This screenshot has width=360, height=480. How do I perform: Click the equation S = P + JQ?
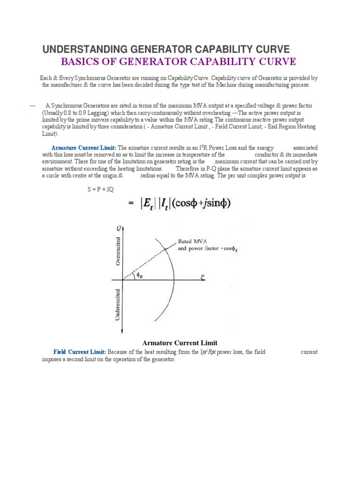pos(97,189)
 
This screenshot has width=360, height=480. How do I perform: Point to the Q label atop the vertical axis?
pos(119,228)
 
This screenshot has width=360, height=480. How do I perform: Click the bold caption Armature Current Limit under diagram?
pos(176,343)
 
